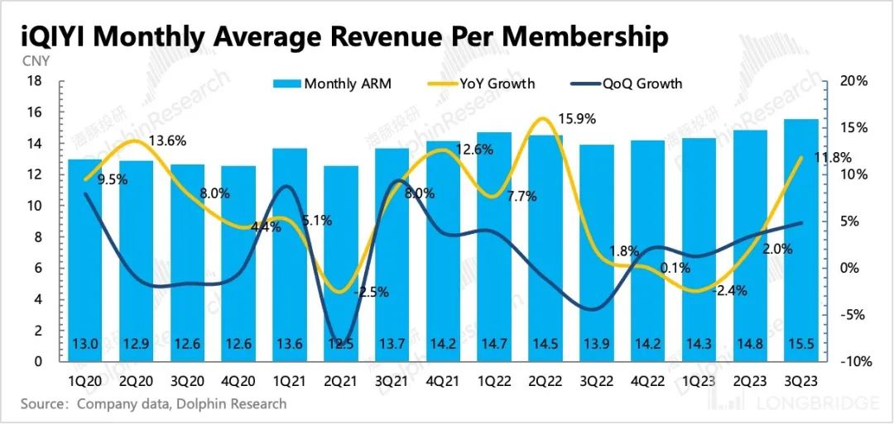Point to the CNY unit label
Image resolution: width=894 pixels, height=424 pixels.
pos(36,60)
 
